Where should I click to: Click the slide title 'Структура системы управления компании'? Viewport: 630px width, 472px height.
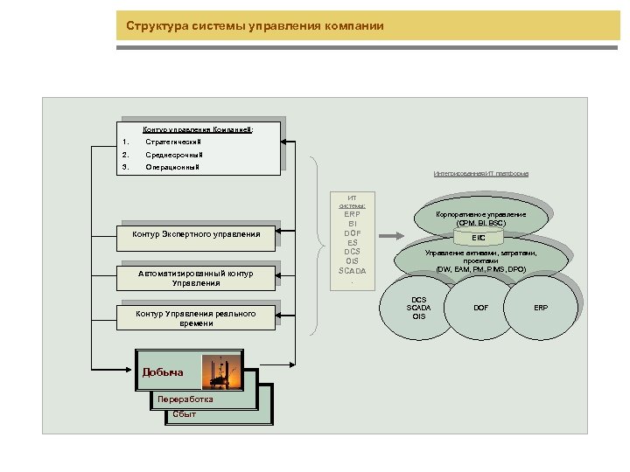[x=255, y=25]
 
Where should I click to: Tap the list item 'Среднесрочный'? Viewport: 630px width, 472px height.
[x=173, y=155]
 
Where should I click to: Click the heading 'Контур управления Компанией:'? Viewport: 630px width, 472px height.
[x=198, y=129]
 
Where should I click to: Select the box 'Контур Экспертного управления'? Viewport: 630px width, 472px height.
[x=196, y=234]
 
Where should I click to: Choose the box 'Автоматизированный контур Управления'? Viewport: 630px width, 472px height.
[x=196, y=278]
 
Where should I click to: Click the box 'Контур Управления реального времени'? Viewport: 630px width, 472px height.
[x=196, y=318]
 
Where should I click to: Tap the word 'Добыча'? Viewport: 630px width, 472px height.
[x=163, y=372]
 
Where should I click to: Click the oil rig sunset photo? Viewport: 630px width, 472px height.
[x=221, y=371]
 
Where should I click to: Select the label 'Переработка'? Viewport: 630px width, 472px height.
[x=185, y=399]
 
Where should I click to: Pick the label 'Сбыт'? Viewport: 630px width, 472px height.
[x=185, y=413]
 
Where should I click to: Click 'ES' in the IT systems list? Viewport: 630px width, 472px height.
[x=353, y=242]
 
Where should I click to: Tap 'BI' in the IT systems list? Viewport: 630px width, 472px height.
[x=353, y=224]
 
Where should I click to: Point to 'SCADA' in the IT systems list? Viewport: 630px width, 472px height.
[x=353, y=270]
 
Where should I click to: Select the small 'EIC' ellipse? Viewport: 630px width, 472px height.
[x=479, y=238]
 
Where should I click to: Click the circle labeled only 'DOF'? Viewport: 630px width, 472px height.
[x=480, y=308]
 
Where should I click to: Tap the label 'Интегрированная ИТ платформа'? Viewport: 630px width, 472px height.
[x=480, y=174]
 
